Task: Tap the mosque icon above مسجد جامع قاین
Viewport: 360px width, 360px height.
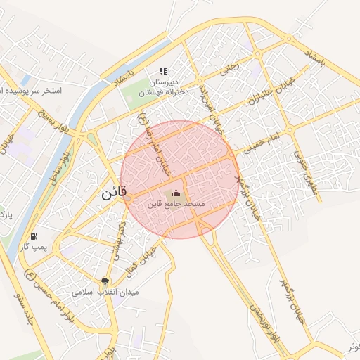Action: [176, 193]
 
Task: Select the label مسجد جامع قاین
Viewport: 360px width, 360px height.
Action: [176, 203]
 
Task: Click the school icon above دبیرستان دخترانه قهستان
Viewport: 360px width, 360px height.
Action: [163, 71]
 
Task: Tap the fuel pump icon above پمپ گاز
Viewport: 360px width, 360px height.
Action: [34, 236]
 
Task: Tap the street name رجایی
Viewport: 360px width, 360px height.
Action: [231, 69]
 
